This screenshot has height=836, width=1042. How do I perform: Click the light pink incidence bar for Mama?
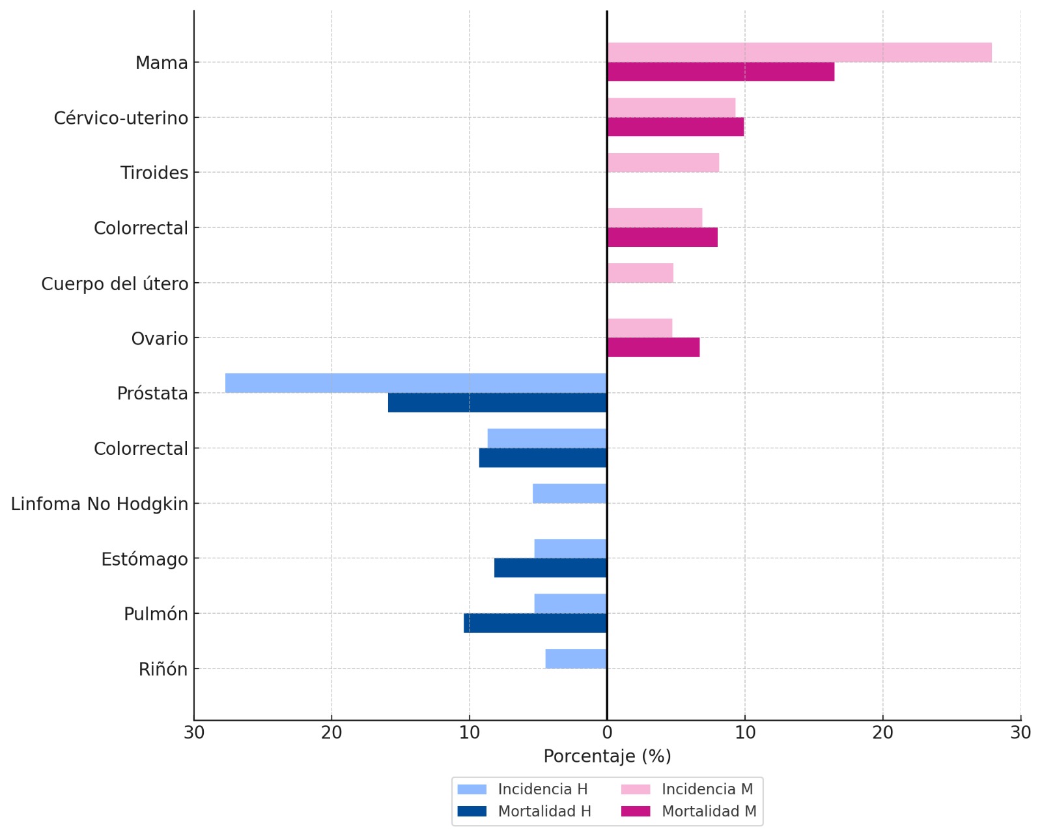click(799, 53)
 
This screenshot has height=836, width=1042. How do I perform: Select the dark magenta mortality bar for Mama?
click(720, 72)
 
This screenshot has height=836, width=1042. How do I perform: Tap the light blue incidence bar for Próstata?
click(416, 383)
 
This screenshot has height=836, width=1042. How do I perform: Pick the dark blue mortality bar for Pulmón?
click(535, 624)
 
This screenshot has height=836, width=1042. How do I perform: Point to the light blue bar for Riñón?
click(576, 659)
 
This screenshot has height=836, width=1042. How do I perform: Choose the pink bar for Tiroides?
click(663, 163)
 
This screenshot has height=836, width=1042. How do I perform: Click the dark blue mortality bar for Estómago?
click(550, 568)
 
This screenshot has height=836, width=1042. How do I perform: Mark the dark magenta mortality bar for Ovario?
click(653, 348)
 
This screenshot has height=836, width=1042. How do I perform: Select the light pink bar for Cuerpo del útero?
click(640, 273)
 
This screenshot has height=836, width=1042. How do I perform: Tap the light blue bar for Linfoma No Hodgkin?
click(570, 494)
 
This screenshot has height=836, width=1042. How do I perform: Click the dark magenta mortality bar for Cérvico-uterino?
click(675, 127)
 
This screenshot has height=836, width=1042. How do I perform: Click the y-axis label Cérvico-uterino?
click(121, 118)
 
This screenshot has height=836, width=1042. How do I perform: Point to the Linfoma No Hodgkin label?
click(100, 504)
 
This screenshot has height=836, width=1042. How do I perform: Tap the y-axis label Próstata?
click(152, 394)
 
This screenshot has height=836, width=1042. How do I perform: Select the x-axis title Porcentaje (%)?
click(607, 757)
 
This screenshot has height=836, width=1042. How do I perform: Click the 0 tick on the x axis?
click(607, 733)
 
